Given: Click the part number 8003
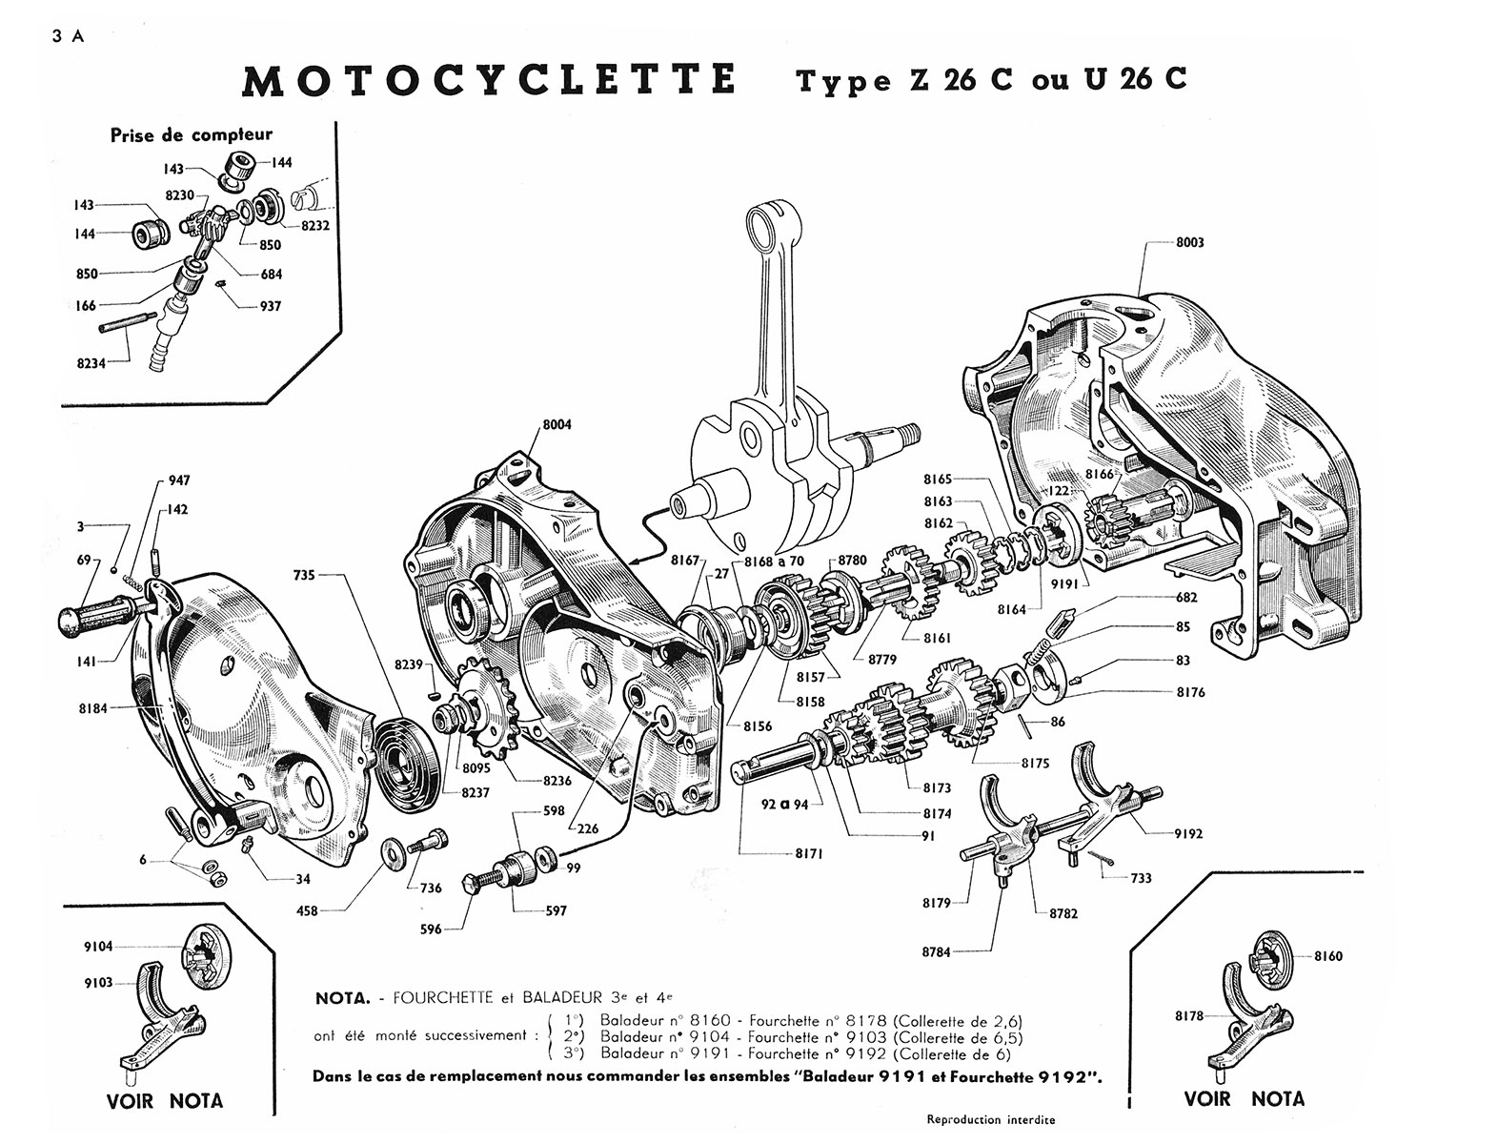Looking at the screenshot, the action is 1189,242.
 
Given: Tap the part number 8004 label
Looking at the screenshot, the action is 557,424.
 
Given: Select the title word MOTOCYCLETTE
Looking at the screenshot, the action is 489,80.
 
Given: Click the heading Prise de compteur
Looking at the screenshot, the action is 192,135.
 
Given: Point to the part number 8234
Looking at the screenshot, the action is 91,364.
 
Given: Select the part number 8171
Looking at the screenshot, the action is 809,853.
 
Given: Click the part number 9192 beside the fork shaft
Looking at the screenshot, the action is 1188,833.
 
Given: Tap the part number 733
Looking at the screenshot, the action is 1141,878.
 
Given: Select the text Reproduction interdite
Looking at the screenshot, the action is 991,1119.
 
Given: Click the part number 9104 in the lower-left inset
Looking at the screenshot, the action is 98,947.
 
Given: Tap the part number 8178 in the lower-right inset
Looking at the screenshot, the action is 1189,1016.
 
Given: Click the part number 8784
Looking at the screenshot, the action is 937,951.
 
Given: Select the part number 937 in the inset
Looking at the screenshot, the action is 271,306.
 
